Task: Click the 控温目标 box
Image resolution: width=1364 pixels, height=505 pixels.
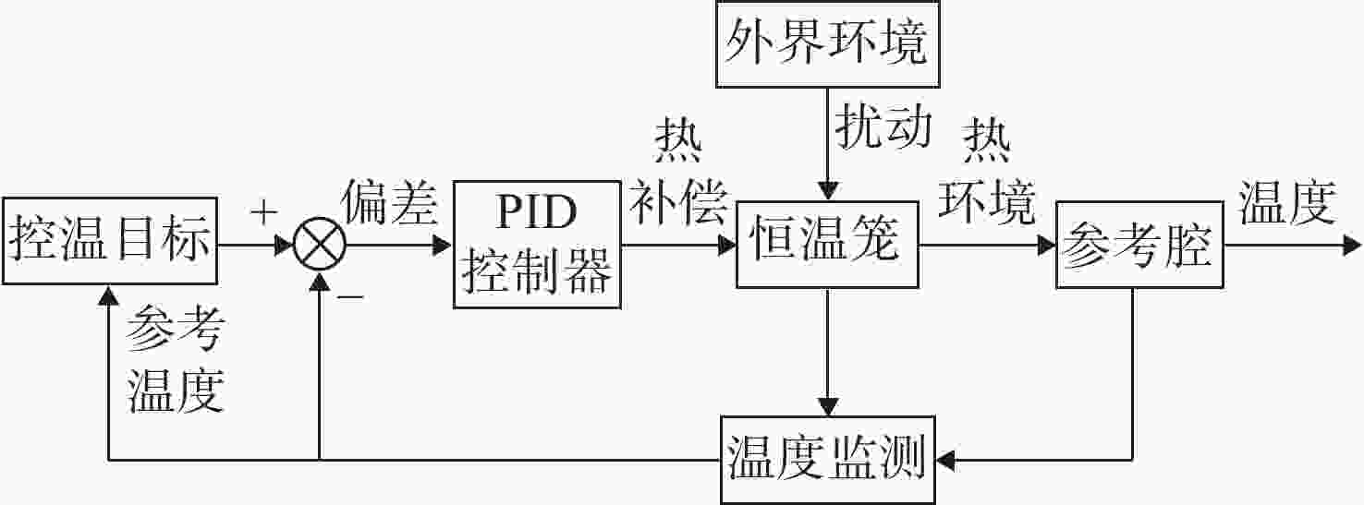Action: [x=110, y=241]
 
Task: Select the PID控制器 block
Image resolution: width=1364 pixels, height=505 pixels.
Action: [x=537, y=245]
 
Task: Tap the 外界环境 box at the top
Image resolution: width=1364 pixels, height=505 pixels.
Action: [x=827, y=43]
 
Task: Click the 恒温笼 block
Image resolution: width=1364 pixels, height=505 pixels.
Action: [x=827, y=245]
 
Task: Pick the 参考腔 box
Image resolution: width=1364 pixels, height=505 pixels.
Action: [x=1139, y=245]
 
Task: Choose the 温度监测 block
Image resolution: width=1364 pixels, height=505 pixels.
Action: [x=827, y=460]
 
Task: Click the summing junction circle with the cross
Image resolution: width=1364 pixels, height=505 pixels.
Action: [x=320, y=245]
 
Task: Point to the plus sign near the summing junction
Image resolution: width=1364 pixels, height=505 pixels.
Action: [x=263, y=213]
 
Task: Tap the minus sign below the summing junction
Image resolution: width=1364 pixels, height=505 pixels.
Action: [x=351, y=297]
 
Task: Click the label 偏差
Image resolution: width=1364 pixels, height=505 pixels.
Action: [x=390, y=203]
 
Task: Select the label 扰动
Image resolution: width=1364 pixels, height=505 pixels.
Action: [x=883, y=126]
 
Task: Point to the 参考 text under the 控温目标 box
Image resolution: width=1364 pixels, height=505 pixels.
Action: [x=176, y=328]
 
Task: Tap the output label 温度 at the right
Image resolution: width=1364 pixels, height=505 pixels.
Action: [x=1288, y=203]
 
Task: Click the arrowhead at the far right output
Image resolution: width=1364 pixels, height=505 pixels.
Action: [x=1352, y=246]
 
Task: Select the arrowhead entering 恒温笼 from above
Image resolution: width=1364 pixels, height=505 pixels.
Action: [x=827, y=191]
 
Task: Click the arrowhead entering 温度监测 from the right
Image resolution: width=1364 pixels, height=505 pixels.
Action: [x=946, y=460]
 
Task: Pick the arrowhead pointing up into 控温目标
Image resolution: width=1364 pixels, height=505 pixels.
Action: [x=109, y=295]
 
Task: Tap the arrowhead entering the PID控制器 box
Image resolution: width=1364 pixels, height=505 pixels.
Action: [x=443, y=246]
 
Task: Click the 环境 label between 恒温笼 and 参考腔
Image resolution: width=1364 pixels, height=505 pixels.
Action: [x=986, y=201]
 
